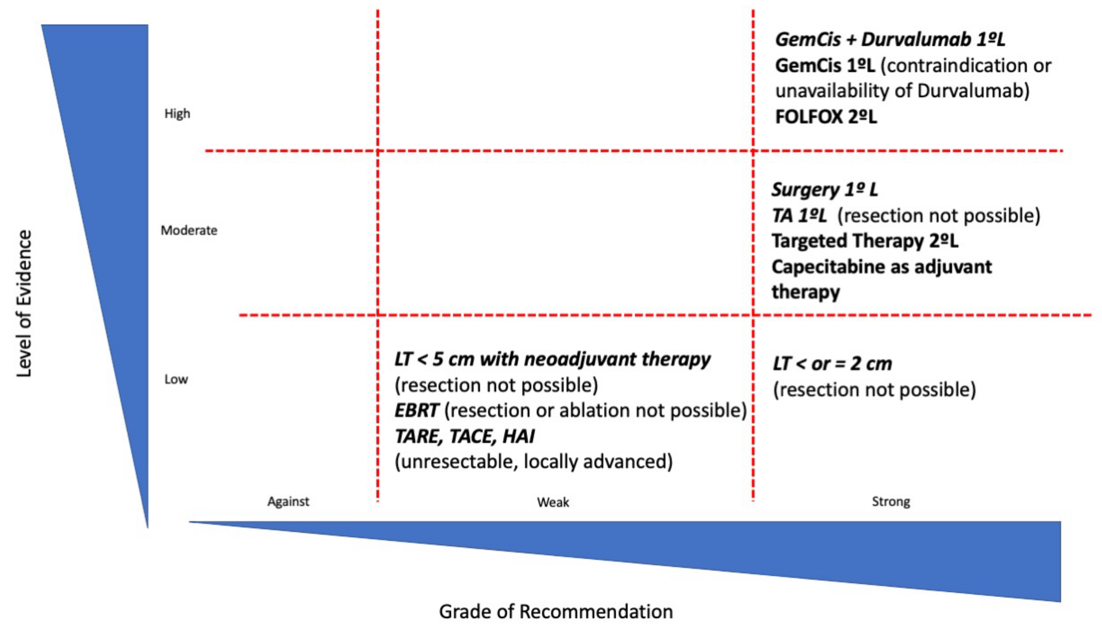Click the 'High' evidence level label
(x=177, y=114)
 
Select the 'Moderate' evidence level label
(x=189, y=230)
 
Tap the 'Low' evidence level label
(x=176, y=379)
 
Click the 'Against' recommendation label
(x=288, y=502)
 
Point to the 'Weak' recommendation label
(x=553, y=502)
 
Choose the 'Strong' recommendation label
(x=891, y=502)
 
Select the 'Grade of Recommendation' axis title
(x=555, y=612)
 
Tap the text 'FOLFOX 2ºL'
(x=826, y=117)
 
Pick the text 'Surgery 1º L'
(x=824, y=190)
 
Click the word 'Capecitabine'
(x=828, y=267)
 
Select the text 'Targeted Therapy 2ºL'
(x=865, y=241)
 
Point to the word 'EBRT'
(x=416, y=411)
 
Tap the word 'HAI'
(x=518, y=436)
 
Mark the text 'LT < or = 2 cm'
(x=832, y=364)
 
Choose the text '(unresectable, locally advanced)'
(x=533, y=462)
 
